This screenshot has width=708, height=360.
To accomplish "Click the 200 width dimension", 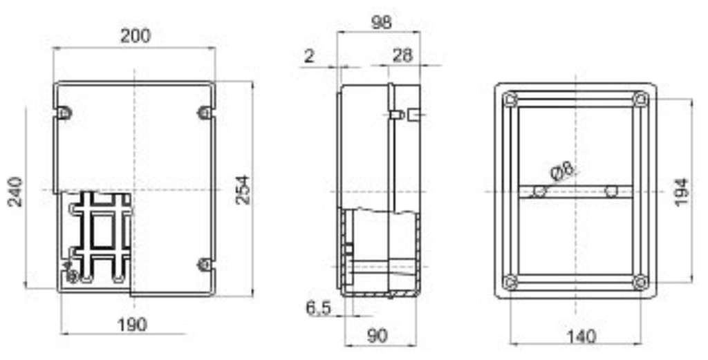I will (136, 36).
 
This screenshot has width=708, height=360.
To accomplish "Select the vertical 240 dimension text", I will (16, 191).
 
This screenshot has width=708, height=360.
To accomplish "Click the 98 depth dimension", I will (379, 22).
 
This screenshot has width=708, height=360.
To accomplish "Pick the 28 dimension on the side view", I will (402, 56).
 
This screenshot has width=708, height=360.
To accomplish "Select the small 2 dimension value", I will (309, 56).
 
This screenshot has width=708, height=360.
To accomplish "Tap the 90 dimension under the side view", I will (377, 336).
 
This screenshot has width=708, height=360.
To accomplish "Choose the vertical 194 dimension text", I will (682, 191).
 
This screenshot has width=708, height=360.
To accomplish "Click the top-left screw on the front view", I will (64, 113).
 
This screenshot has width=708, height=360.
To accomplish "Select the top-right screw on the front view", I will (204, 113).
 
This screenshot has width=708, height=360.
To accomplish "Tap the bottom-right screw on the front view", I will (204, 263).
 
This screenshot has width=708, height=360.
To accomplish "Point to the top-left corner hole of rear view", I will (511, 100).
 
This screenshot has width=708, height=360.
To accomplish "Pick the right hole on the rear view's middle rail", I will (611, 191).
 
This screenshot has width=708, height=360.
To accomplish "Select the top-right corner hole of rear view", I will (640, 100).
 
